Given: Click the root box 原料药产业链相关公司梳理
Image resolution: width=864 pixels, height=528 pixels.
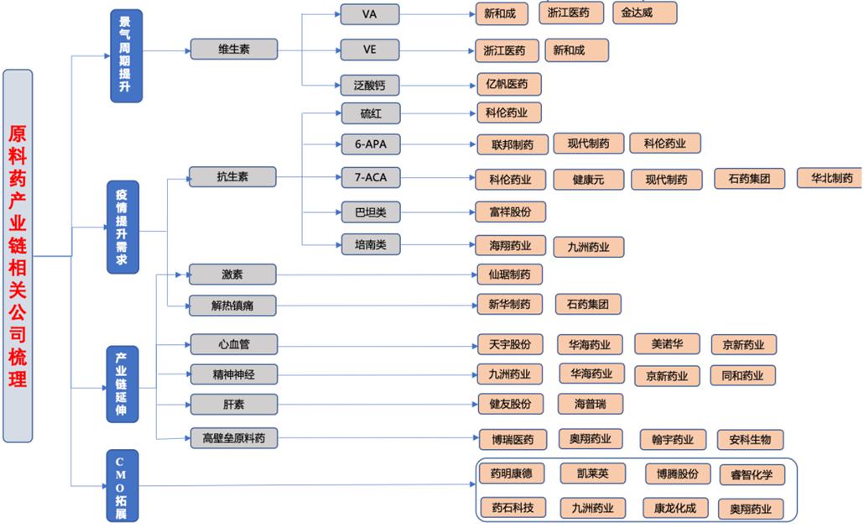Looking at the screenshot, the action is point(18,256).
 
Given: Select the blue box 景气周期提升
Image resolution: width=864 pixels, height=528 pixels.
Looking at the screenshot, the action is point(126,55).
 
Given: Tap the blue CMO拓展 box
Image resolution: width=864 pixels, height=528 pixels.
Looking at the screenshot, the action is point(122,486).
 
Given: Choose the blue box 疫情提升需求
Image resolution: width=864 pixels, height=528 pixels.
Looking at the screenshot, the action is point(122,227).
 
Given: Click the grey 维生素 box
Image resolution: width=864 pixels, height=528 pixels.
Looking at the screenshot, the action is point(234,49).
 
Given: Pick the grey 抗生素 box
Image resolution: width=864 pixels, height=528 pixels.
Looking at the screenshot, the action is point(232,177).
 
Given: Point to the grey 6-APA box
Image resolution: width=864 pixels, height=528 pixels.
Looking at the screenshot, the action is point(371,144).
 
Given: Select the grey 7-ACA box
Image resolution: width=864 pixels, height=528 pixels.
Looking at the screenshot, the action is point(371,177).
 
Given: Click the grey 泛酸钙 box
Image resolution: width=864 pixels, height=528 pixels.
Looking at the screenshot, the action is point(370,86).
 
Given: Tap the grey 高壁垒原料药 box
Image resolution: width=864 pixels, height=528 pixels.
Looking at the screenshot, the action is point(234,438).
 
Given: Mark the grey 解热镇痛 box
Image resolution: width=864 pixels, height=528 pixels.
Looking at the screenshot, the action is point(232,306).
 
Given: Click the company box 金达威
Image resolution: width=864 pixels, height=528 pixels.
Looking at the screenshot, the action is point(645,13).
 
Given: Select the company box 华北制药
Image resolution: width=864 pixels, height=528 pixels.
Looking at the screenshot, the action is point(830,178).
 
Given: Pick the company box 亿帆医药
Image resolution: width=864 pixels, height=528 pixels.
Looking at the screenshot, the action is point(509,84).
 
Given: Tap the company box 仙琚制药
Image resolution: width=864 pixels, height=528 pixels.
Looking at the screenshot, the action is point(510,274).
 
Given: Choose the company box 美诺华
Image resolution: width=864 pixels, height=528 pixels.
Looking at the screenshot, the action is point(667,344).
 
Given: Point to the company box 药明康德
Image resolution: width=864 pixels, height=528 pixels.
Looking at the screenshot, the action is point(512,473).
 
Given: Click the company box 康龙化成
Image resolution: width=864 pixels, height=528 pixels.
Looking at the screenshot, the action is point(675,508).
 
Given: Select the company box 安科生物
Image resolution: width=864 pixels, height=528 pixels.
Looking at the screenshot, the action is point(750,440).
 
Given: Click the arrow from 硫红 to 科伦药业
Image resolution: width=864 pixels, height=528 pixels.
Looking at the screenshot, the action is point(438,113).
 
